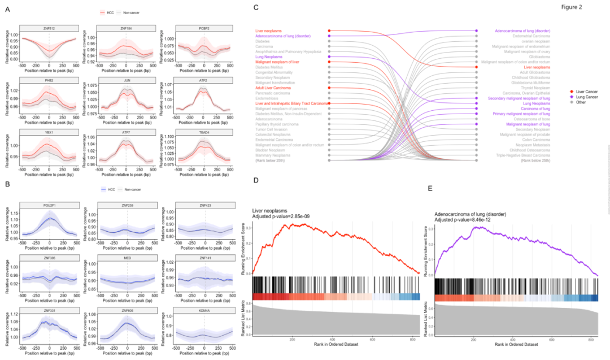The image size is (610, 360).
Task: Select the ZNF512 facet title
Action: coord(49,29)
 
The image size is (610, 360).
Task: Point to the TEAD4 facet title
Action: coord(204,133)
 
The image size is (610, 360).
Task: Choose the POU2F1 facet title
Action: coord(49,205)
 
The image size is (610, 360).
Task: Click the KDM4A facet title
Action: coord(204,310)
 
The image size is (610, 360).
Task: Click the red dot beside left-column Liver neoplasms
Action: coord(329,31)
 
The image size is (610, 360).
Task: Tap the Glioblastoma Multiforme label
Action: coord(518,83)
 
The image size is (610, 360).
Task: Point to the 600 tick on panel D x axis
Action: coord(372,339)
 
